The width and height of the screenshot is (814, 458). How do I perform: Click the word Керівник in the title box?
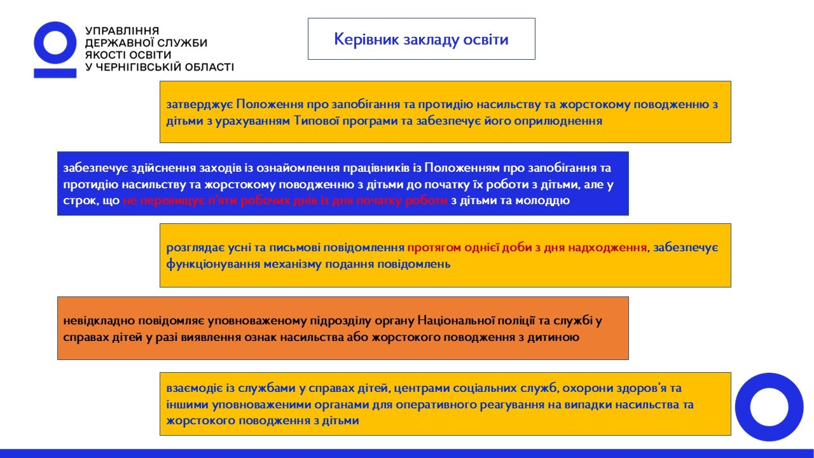(x=364, y=39)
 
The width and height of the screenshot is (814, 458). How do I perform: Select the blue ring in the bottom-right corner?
(x=769, y=407)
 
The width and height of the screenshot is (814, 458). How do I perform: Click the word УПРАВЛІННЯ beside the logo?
(x=121, y=31)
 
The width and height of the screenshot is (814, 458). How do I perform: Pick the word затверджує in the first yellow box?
(x=199, y=104)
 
